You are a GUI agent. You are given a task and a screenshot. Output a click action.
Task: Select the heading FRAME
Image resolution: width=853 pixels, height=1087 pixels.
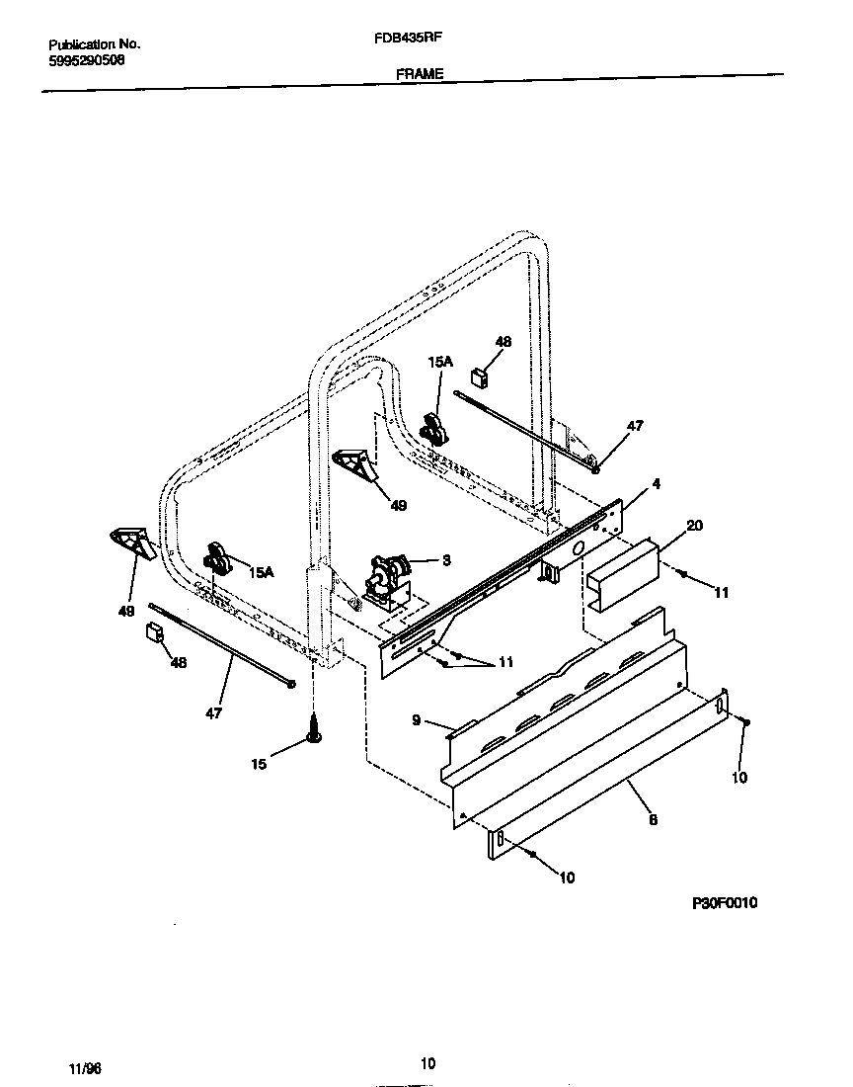click(421, 74)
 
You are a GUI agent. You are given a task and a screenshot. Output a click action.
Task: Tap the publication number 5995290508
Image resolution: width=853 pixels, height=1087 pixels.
click(86, 59)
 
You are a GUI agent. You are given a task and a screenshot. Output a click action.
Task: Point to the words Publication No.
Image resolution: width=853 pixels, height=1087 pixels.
click(94, 44)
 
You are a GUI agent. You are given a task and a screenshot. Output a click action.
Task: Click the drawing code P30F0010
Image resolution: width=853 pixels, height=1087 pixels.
click(724, 903)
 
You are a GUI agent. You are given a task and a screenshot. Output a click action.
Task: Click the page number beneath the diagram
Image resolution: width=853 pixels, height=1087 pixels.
click(426, 1063)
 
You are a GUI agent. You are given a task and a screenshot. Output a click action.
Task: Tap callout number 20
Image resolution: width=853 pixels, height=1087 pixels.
click(694, 526)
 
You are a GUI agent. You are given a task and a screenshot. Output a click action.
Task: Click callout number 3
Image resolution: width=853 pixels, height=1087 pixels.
click(446, 560)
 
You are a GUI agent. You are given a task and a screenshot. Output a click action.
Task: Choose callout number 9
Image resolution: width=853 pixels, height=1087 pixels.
click(417, 720)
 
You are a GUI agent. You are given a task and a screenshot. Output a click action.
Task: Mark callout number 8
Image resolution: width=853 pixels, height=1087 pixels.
click(653, 819)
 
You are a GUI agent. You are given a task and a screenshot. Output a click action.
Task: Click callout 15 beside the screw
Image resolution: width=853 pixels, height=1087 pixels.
click(259, 764)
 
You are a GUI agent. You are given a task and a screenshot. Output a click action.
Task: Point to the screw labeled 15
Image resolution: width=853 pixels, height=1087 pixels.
click(314, 734)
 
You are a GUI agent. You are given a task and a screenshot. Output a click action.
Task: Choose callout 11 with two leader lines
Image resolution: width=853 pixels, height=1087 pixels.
click(505, 663)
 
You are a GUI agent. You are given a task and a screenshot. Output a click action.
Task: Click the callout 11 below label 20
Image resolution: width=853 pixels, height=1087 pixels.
click(722, 593)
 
